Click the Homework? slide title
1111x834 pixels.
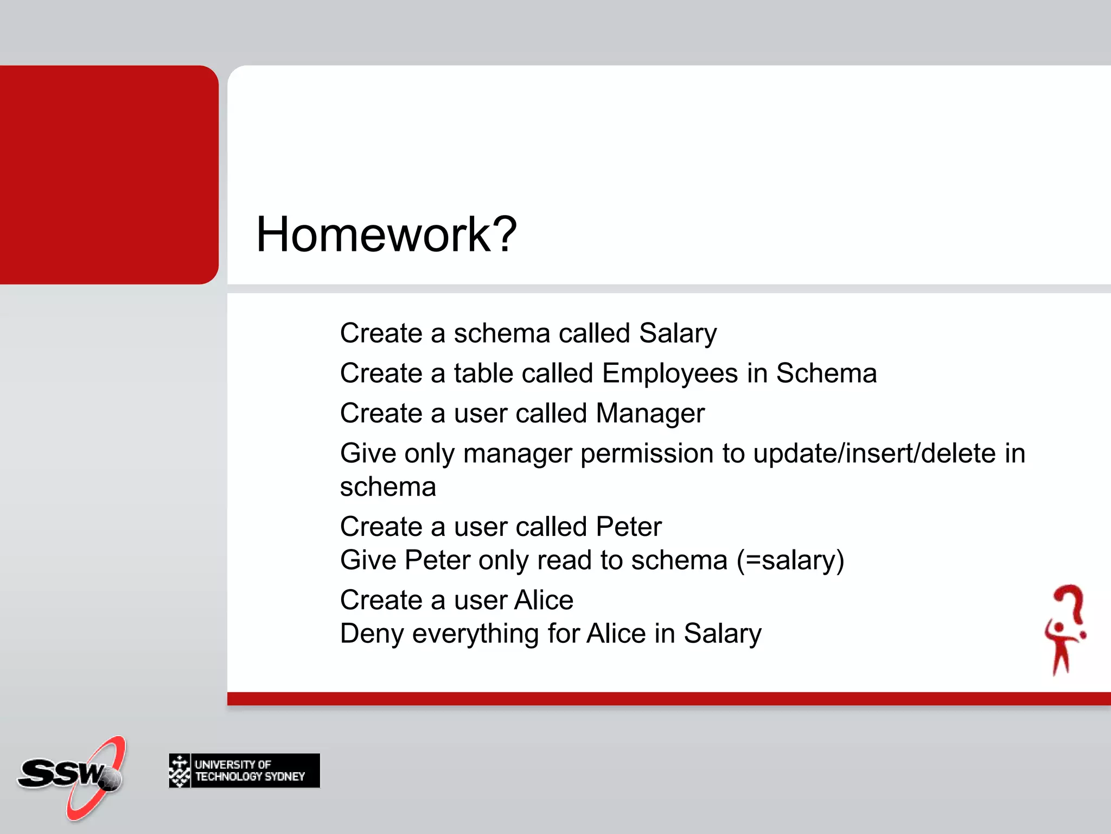tap(386, 235)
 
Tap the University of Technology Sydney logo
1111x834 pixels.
tap(244, 770)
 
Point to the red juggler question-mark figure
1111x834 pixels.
tap(1065, 630)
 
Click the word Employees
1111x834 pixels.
tap(670, 374)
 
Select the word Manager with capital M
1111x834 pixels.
tap(650, 413)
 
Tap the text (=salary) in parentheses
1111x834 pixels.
tap(790, 560)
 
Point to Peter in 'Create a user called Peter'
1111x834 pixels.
tap(628, 527)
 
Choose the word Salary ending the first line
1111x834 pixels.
tap(678, 333)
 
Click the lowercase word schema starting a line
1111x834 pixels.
tap(388, 487)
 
